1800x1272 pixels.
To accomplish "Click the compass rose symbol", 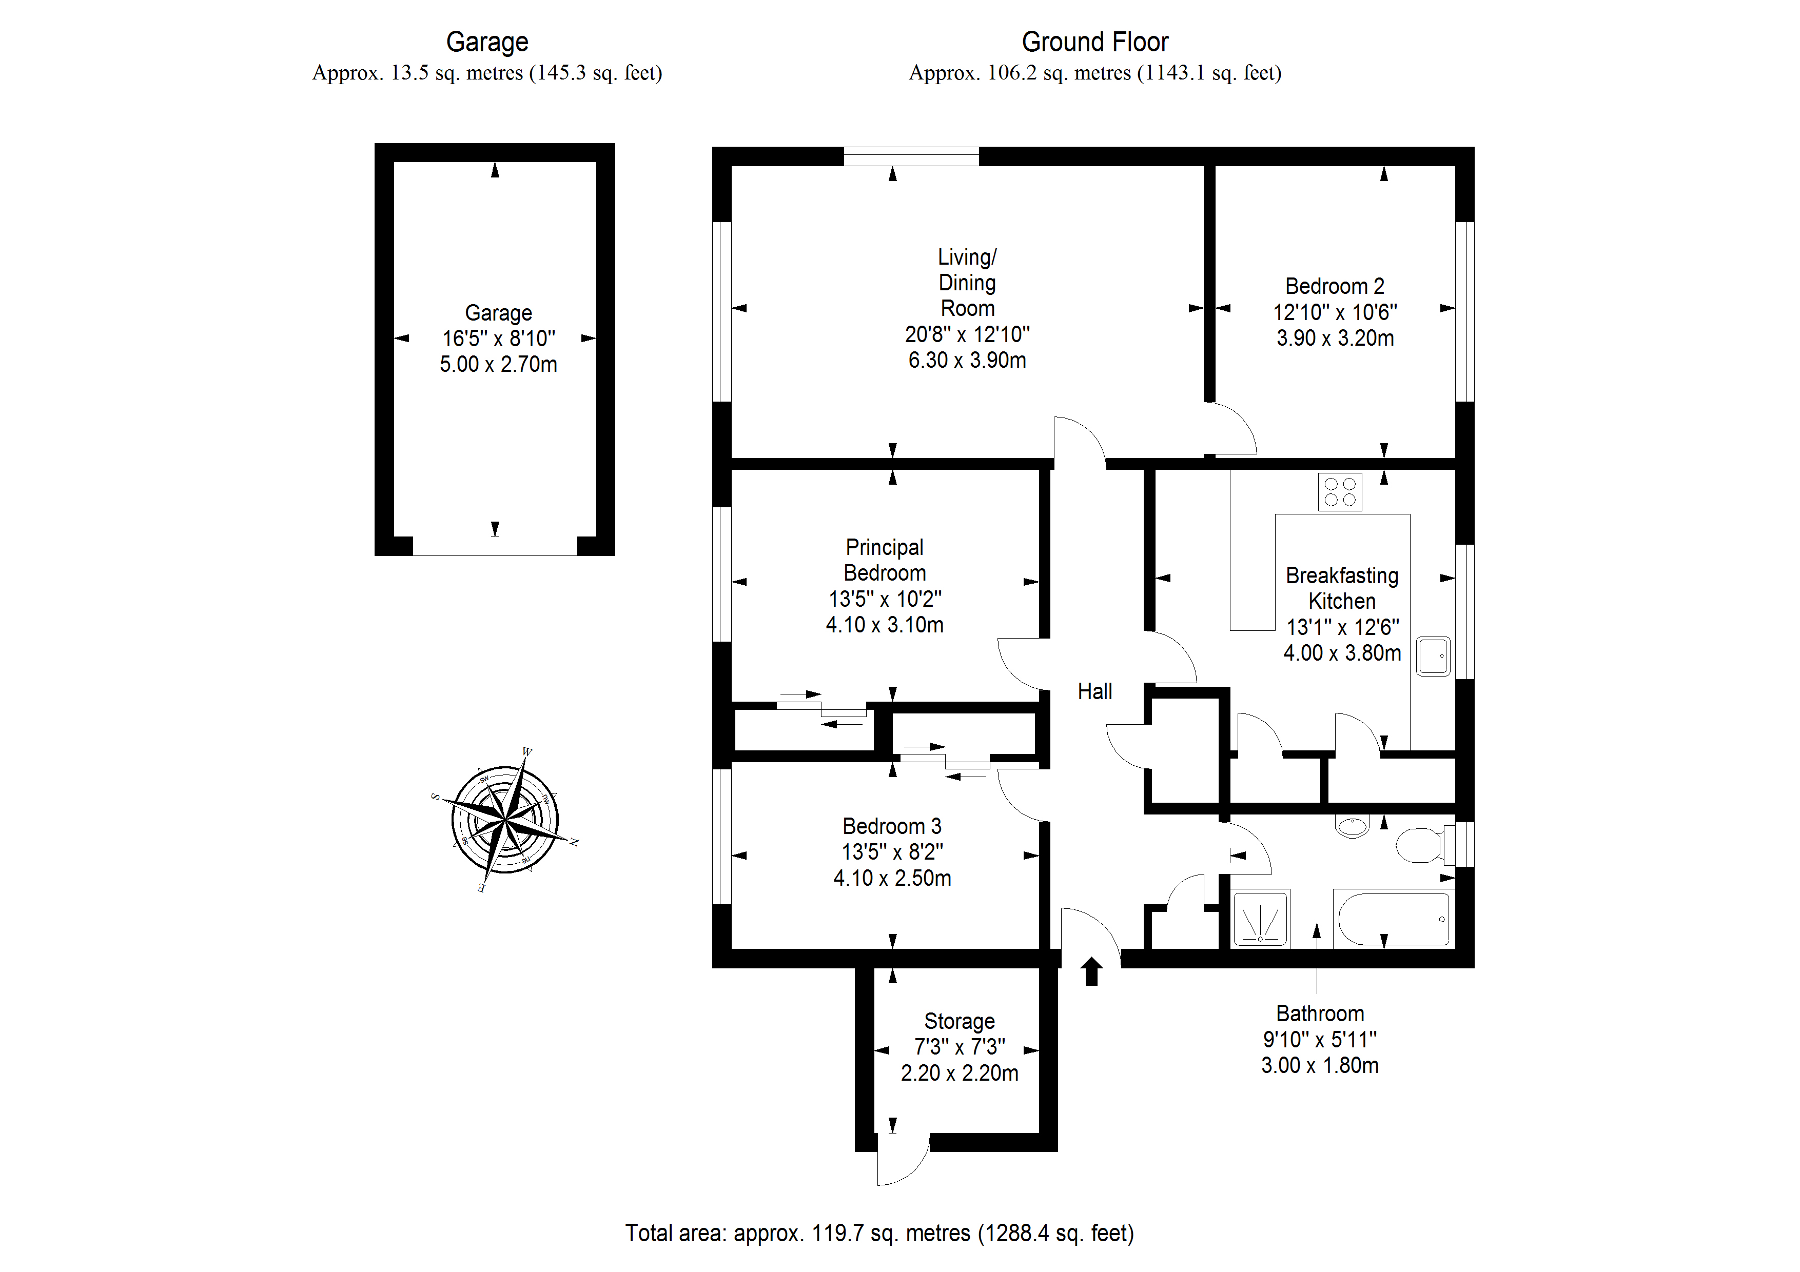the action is point(505,821).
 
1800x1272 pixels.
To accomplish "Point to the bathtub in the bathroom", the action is point(1393,919).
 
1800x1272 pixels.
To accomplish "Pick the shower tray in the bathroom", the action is point(1261,917).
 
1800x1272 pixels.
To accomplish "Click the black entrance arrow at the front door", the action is point(1091,972).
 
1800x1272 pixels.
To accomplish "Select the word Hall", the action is point(1094,691).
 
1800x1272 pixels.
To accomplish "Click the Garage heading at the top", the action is point(487,42).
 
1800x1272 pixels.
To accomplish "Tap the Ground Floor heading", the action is point(1094,42).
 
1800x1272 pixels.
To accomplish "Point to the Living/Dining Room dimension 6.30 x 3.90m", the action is point(967,361).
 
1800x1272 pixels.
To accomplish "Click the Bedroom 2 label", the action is point(1334,286).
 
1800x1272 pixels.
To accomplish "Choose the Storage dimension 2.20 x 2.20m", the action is point(959,1073).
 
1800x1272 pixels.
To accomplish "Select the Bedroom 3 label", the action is point(891,826).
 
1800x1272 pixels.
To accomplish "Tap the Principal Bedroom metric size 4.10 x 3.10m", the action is point(884,625).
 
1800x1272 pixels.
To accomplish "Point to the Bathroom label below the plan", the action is point(1319,1013).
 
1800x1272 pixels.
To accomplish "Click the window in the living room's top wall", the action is point(911,156).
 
